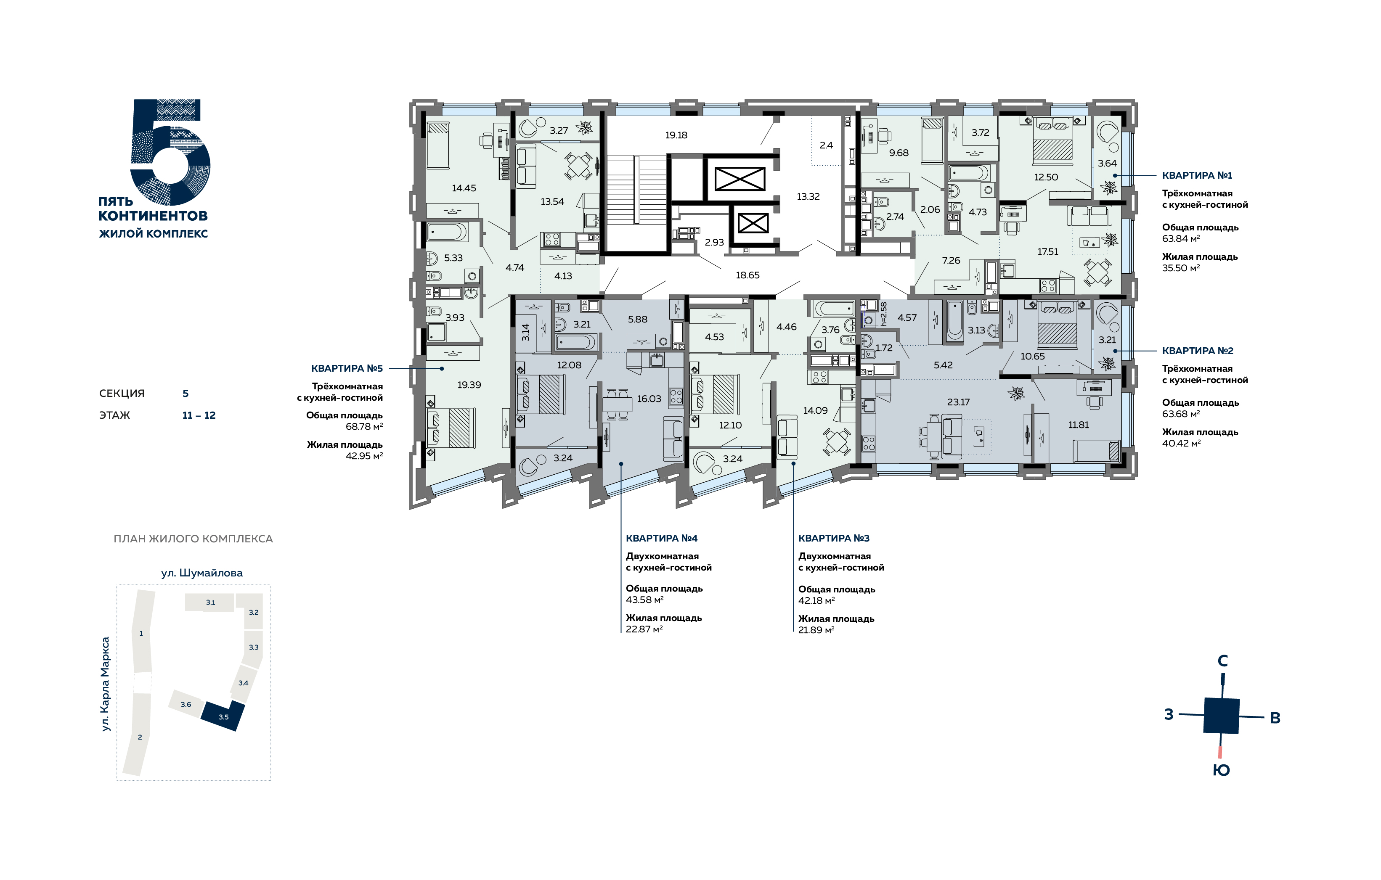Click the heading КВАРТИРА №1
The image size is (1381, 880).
1197,175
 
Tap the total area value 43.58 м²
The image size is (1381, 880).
644,600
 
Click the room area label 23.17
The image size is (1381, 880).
958,402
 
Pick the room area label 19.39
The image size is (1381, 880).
469,385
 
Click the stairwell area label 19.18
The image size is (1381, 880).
676,135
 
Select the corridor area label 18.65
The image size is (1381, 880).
748,275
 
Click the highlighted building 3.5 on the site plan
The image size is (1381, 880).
223,716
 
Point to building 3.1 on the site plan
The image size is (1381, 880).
210,603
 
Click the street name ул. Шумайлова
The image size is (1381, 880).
202,573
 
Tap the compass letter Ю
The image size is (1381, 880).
1221,771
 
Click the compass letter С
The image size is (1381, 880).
1223,661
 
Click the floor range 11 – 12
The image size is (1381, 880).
199,416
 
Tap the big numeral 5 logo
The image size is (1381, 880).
170,152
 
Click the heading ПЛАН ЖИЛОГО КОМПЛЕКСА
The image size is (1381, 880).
193,539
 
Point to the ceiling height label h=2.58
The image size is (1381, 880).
884,314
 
